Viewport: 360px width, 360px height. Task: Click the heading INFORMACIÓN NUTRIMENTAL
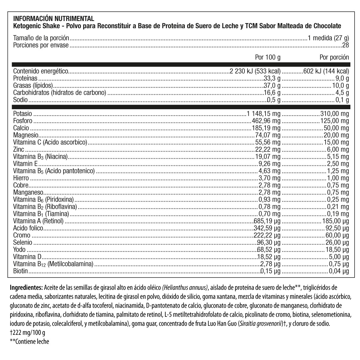point(54,18)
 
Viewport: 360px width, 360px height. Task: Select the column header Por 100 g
point(268,57)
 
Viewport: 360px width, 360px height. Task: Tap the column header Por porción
point(334,57)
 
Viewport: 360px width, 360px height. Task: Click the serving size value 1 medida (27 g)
point(328,38)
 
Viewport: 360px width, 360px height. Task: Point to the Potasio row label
point(23,114)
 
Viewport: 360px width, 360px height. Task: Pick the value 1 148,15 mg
point(264,114)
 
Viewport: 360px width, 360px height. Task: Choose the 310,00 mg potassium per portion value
point(334,114)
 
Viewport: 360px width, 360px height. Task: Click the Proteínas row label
point(26,79)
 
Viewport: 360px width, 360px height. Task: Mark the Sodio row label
point(20,100)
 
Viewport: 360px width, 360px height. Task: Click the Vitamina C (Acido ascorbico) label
point(50,142)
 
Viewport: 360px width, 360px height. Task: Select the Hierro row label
point(21,178)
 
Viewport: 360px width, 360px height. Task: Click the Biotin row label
point(20,271)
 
